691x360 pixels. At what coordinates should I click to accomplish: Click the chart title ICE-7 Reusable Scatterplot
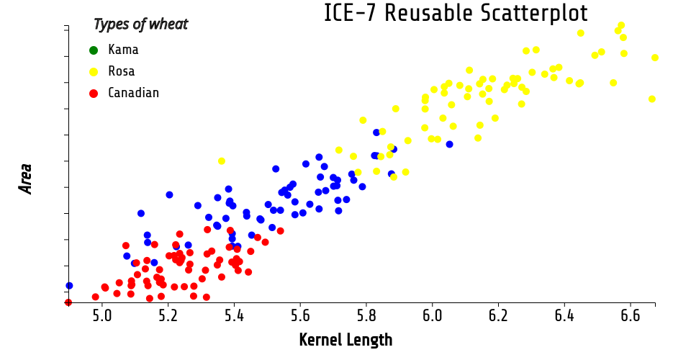tap(456, 13)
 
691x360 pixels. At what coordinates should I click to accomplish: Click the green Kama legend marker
tap(94, 50)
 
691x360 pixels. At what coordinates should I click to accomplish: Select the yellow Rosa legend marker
tap(94, 71)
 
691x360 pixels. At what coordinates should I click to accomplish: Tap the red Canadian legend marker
tap(94, 93)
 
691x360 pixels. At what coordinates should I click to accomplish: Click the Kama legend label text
tap(123, 50)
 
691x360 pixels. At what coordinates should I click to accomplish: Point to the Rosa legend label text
tap(122, 71)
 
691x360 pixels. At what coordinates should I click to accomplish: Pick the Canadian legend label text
tap(133, 93)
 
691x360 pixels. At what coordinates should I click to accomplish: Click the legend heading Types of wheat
tap(140, 24)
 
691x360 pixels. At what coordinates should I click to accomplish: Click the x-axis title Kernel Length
tap(345, 340)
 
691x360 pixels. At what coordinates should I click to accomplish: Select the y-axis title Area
tap(27, 178)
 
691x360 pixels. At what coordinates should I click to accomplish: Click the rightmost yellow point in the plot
tap(655, 58)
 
